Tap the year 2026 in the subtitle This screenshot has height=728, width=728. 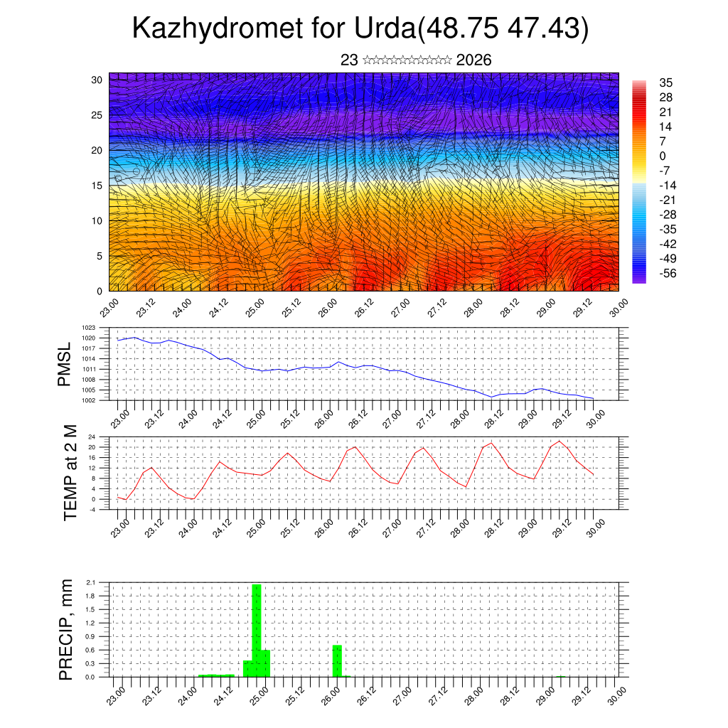[473, 60]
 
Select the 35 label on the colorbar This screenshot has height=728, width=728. [666, 82]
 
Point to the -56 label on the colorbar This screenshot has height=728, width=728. [669, 272]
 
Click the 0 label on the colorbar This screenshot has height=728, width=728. [663, 156]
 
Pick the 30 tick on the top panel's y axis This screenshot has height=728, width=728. [97, 80]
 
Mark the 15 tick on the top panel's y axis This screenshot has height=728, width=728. [97, 186]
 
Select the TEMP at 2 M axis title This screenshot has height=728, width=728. [70, 472]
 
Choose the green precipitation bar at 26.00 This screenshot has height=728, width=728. [337, 660]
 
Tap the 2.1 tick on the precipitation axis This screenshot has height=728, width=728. [90, 583]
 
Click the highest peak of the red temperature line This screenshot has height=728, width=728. [560, 441]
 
